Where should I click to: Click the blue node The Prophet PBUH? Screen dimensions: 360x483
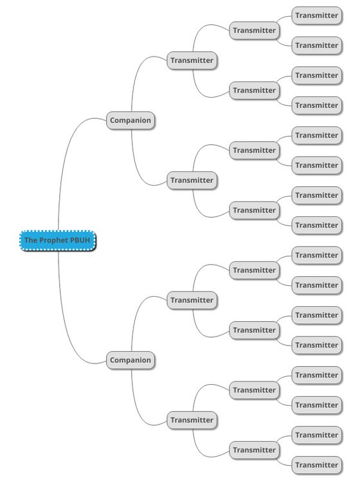pos(58,240)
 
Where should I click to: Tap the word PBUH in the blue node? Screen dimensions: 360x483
pos(80,240)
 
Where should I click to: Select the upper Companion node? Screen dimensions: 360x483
pos(130,121)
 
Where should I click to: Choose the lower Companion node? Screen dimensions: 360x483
pos(130,360)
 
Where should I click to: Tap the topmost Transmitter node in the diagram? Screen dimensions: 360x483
pos(317,15)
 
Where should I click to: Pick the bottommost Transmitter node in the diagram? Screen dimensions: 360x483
pos(317,465)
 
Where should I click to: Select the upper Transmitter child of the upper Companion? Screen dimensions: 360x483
pos(192,60)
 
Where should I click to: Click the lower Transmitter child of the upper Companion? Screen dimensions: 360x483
pos(192,180)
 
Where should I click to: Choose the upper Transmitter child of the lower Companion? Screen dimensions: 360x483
pos(192,300)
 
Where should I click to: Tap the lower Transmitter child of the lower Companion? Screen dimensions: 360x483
pos(192,420)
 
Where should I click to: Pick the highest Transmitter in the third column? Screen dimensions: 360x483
pos(255,30)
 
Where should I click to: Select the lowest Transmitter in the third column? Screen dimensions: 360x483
pos(255,450)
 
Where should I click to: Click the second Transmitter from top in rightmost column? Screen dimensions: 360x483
pos(317,46)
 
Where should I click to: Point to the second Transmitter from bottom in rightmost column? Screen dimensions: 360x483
pos(317,435)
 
